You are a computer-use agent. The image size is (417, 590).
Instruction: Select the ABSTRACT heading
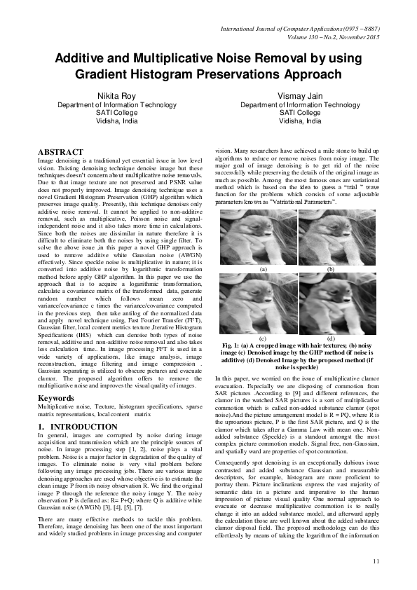pyautogui.click(x=60, y=152)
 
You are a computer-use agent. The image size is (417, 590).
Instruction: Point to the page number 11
pyautogui.click(x=376, y=561)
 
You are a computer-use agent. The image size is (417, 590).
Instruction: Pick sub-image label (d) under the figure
pyautogui.click(x=330, y=338)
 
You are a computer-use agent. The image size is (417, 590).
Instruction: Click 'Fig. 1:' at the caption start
pyautogui.click(x=231, y=345)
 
